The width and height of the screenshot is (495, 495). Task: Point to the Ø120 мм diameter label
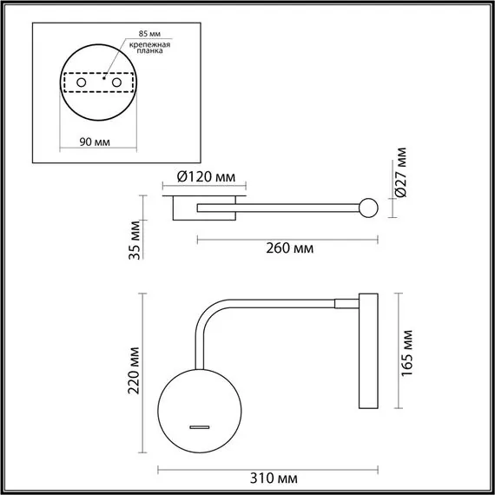(x=206, y=176)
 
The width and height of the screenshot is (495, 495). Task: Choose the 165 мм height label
(x=408, y=351)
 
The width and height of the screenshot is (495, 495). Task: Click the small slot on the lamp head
(x=201, y=426)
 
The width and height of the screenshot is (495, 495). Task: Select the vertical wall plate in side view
(x=366, y=351)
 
